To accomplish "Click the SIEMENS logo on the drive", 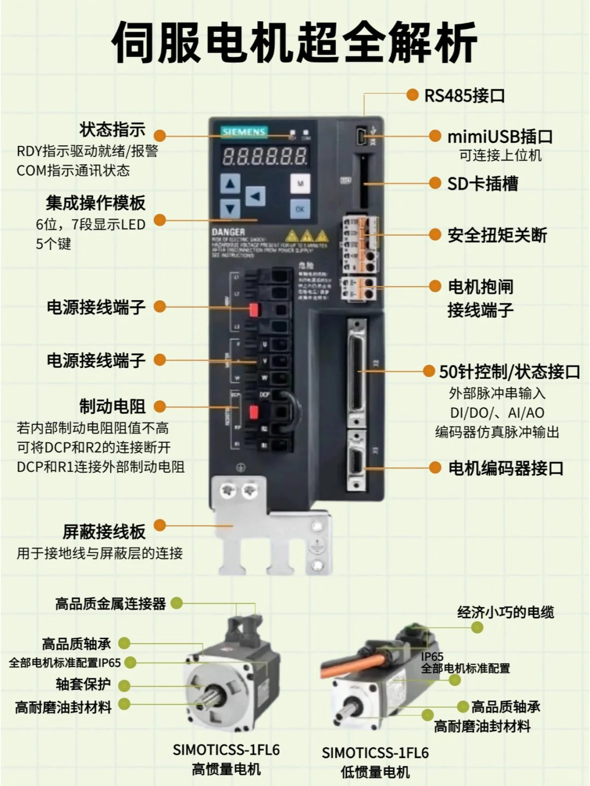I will coord(244,132).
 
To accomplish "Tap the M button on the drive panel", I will coord(300,184).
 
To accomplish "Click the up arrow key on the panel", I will coord(230,184).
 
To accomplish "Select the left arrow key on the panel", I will coord(255,196).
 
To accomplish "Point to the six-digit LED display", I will coord(264,157).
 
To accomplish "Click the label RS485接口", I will coord(464,96).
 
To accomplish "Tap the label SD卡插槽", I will coord(482,183).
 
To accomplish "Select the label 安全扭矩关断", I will coord(497,235).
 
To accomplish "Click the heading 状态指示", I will coord(113,130).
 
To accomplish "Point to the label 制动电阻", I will coord(113,407).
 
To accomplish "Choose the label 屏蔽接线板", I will coord(104,532).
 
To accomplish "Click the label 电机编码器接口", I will coord(505,468).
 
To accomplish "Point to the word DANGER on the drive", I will coord(228,232).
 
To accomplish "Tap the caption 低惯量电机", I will coord(375,772).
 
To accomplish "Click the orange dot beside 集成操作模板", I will coord(160,220).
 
